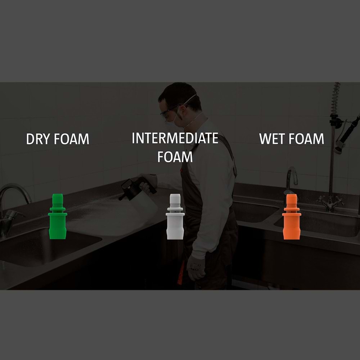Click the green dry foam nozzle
(x=57, y=216)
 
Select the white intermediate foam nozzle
(x=175, y=216)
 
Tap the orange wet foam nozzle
(x=291, y=216)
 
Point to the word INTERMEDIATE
(x=175, y=138)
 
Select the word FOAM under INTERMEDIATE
(x=175, y=157)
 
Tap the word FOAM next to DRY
(x=71, y=139)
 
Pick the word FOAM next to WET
(x=306, y=139)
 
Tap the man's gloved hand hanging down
(x=195, y=267)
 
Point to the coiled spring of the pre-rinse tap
(x=335, y=99)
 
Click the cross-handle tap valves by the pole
(x=330, y=203)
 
